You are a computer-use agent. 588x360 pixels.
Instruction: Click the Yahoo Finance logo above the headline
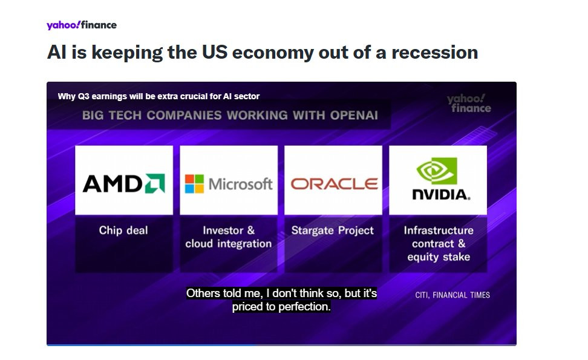82,25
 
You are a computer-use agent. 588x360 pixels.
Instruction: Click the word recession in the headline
434,52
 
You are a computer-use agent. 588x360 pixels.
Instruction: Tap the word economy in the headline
273,53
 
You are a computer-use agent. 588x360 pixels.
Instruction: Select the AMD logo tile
124,180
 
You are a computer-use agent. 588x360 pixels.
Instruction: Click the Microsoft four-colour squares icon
194,184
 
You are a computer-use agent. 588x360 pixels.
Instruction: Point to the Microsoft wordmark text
240,184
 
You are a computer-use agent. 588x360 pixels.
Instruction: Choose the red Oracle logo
334,184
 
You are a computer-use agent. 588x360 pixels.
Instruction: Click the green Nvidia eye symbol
437,171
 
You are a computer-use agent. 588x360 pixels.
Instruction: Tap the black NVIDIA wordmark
440,194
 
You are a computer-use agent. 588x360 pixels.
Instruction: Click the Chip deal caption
123,230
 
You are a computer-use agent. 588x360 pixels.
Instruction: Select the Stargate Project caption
333,231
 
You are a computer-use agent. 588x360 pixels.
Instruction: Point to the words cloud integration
229,244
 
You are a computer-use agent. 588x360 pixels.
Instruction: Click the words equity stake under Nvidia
439,257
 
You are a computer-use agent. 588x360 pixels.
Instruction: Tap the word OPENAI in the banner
354,115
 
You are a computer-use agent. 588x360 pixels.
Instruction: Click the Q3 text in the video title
83,96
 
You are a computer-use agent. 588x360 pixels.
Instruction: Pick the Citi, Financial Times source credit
452,295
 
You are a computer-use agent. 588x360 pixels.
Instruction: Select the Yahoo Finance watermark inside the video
469,103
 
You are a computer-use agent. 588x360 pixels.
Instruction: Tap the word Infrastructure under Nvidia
439,231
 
